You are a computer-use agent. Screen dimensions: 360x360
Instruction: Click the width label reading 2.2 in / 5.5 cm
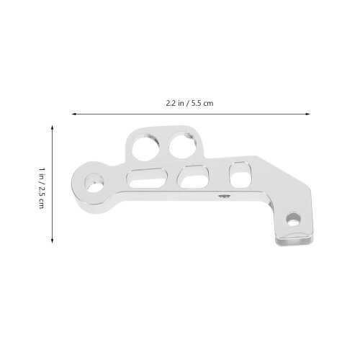(189, 103)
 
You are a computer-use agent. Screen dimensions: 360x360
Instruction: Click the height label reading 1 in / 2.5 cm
(42, 188)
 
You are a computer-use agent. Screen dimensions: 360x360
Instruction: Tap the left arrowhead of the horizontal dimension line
(74, 114)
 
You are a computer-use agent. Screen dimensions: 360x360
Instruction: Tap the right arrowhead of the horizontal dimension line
(307, 114)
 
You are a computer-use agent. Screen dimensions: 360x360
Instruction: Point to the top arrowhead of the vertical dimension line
(52, 127)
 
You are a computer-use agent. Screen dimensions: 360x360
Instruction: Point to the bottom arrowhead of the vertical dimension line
(52, 240)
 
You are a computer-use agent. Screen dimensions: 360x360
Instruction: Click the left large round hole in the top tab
(145, 146)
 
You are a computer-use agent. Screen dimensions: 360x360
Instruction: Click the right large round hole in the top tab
(182, 145)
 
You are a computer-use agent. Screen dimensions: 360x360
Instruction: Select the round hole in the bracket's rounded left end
(94, 183)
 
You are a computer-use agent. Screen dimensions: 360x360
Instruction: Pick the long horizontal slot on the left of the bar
(147, 179)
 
